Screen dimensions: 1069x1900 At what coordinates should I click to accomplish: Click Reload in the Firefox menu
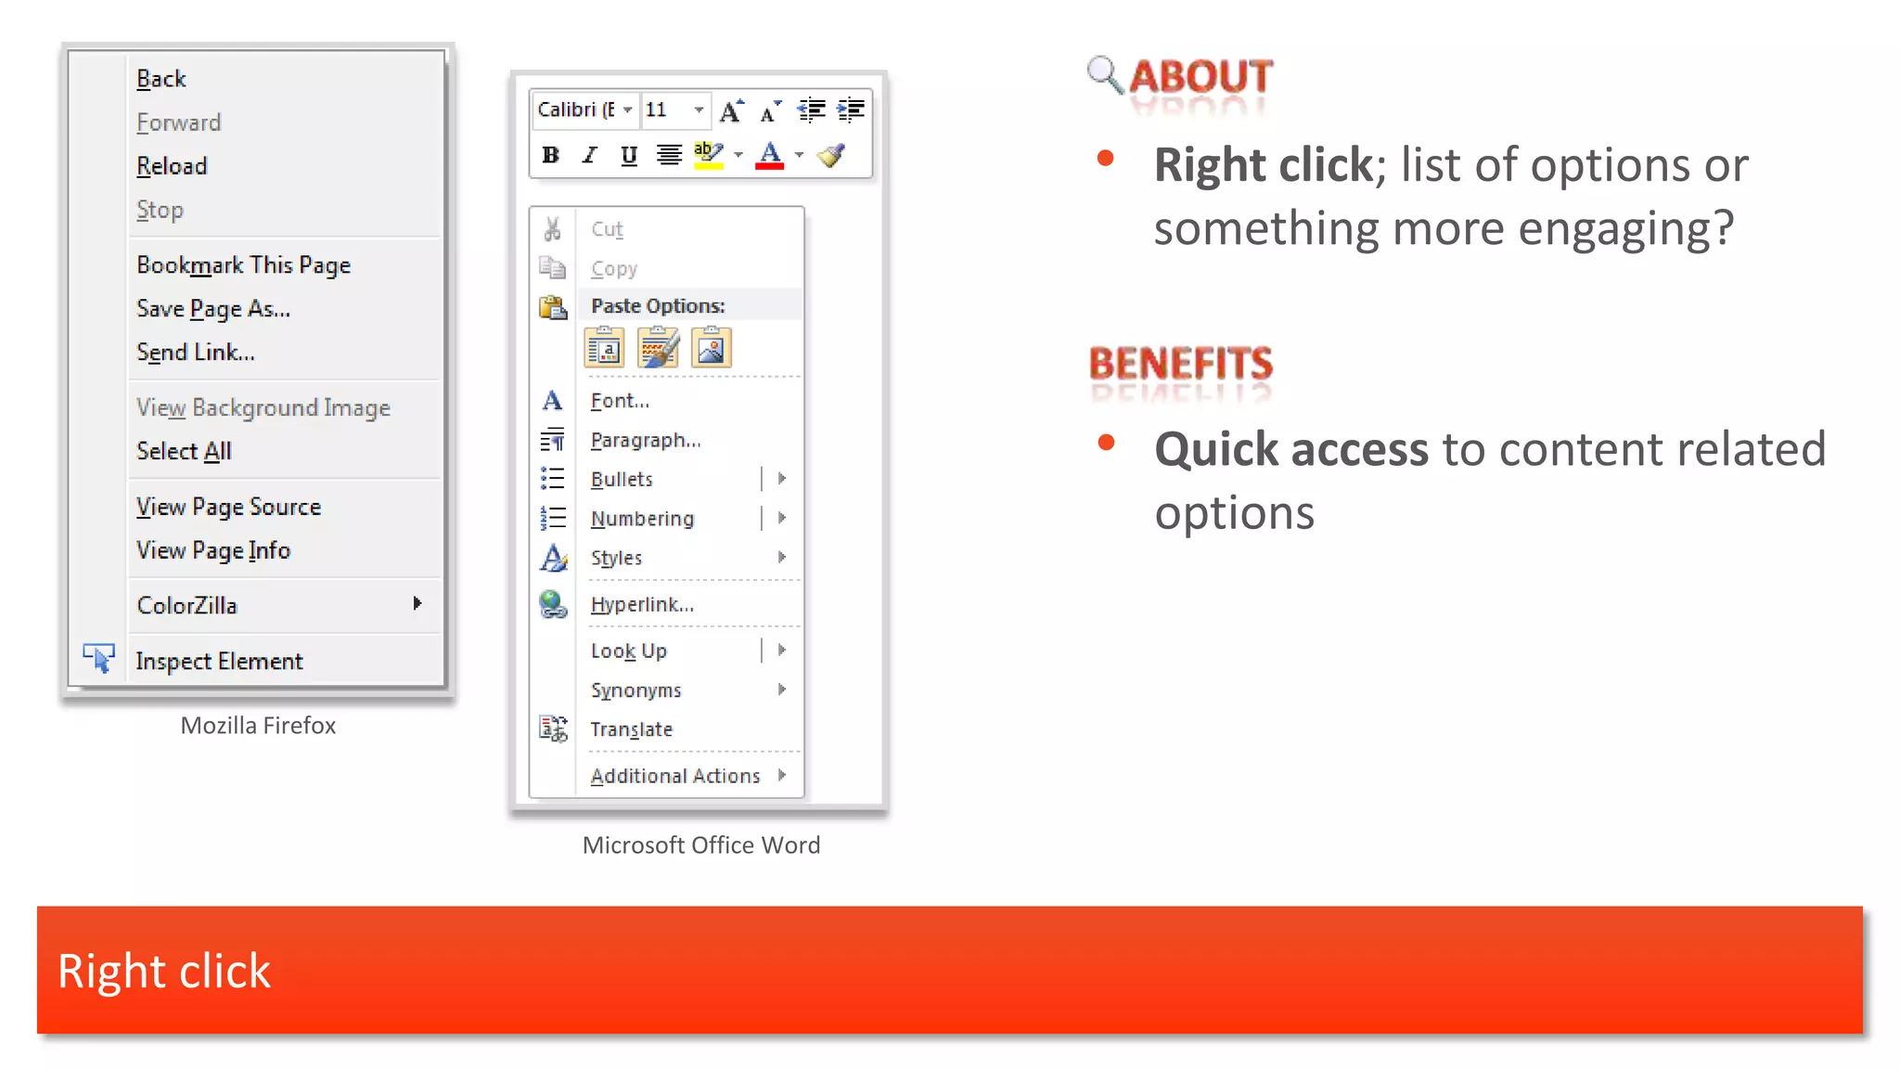[x=172, y=166]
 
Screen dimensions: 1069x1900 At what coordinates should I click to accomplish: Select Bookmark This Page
[x=243, y=265]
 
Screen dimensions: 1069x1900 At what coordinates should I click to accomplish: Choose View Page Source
[x=228, y=507]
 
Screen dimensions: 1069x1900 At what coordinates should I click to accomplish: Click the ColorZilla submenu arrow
[x=417, y=604]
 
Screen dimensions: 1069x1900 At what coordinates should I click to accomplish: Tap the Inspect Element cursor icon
[x=98, y=658]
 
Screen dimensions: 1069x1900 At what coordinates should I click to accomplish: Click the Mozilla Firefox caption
[x=258, y=726]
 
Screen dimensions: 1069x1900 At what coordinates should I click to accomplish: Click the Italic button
[x=589, y=155]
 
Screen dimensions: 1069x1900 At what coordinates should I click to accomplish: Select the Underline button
[x=629, y=155]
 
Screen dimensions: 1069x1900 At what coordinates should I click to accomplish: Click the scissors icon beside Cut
[x=553, y=228]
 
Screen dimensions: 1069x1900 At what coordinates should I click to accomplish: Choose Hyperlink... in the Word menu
[x=642, y=605]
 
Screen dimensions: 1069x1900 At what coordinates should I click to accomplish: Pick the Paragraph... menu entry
[x=646, y=440]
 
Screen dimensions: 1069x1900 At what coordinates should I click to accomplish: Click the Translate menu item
[x=631, y=729]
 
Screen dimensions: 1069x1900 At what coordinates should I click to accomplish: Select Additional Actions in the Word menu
[x=675, y=776]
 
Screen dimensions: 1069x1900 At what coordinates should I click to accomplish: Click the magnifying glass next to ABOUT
[x=1104, y=74]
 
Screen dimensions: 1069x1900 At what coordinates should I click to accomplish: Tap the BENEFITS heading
[x=1180, y=364]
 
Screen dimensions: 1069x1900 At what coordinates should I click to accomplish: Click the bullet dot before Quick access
[x=1106, y=443]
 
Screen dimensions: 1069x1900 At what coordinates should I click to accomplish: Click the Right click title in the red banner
[x=164, y=972]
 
